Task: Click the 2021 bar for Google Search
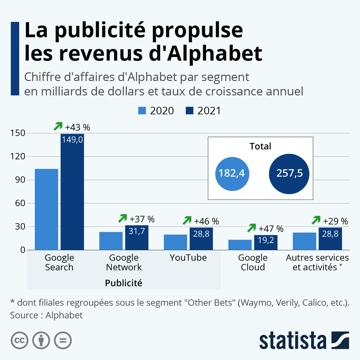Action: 72,192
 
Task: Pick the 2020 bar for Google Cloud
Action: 240,245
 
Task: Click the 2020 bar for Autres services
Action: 304,241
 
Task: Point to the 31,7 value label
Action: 137,231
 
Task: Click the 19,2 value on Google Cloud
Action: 266,240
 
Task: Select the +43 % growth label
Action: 77,127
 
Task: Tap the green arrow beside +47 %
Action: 251,228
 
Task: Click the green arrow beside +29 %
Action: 316,220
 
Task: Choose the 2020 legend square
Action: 142,110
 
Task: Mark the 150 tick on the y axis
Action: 18,133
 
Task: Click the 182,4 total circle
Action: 232,173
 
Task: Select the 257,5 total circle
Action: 289,173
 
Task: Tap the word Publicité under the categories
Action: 123,283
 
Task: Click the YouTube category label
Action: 188,258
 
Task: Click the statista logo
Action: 304,340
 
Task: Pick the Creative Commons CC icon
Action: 19,340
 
